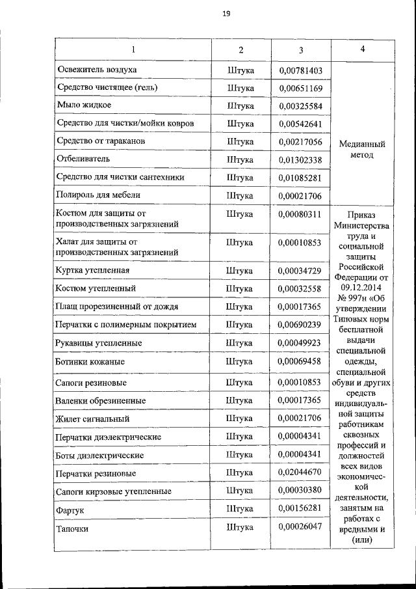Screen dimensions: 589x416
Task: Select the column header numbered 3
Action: pos(301,50)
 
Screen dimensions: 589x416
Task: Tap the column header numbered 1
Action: pos(133,50)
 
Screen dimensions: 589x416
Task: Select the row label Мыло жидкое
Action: pos(84,105)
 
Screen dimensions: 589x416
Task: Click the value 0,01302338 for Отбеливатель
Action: pos(300,159)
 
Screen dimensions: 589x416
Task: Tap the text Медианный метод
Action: pos(362,150)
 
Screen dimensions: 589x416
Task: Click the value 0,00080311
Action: pos(300,213)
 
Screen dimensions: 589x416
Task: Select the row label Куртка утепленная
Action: pos(97,270)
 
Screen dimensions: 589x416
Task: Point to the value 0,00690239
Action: pos(300,324)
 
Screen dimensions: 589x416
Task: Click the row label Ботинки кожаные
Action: pos(91,361)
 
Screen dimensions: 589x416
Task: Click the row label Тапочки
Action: pos(72,528)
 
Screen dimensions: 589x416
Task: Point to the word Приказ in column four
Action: pos(362,215)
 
